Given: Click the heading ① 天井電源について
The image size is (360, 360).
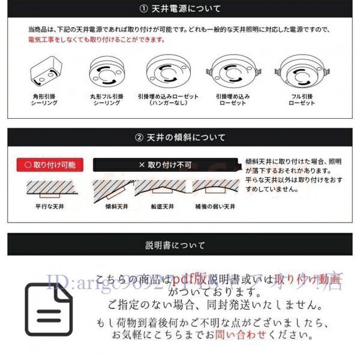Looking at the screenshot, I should [179, 9].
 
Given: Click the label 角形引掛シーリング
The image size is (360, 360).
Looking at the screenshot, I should [44, 99].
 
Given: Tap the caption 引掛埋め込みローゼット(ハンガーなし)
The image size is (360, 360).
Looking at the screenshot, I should [167, 99].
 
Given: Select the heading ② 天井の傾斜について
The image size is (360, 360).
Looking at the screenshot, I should [179, 137].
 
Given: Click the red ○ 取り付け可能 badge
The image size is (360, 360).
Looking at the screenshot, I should [49, 164].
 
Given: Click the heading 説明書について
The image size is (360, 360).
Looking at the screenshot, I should [179, 245].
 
